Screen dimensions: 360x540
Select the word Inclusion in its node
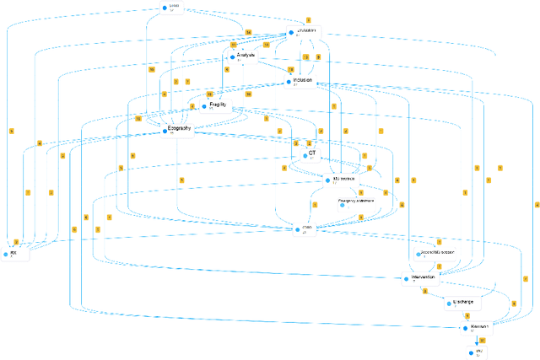click(x=302, y=81)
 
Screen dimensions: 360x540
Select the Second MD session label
click(x=436, y=253)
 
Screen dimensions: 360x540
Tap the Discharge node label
click(x=464, y=302)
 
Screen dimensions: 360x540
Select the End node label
click(x=478, y=349)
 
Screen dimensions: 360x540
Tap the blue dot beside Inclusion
click(x=289, y=82)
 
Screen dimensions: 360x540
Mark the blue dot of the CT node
click(x=305, y=155)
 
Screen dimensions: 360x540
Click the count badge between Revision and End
click(x=482, y=339)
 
